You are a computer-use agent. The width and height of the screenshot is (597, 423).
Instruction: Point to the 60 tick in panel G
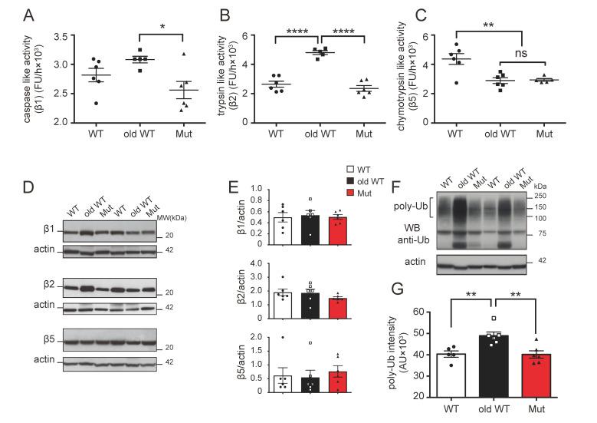(427, 312)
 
